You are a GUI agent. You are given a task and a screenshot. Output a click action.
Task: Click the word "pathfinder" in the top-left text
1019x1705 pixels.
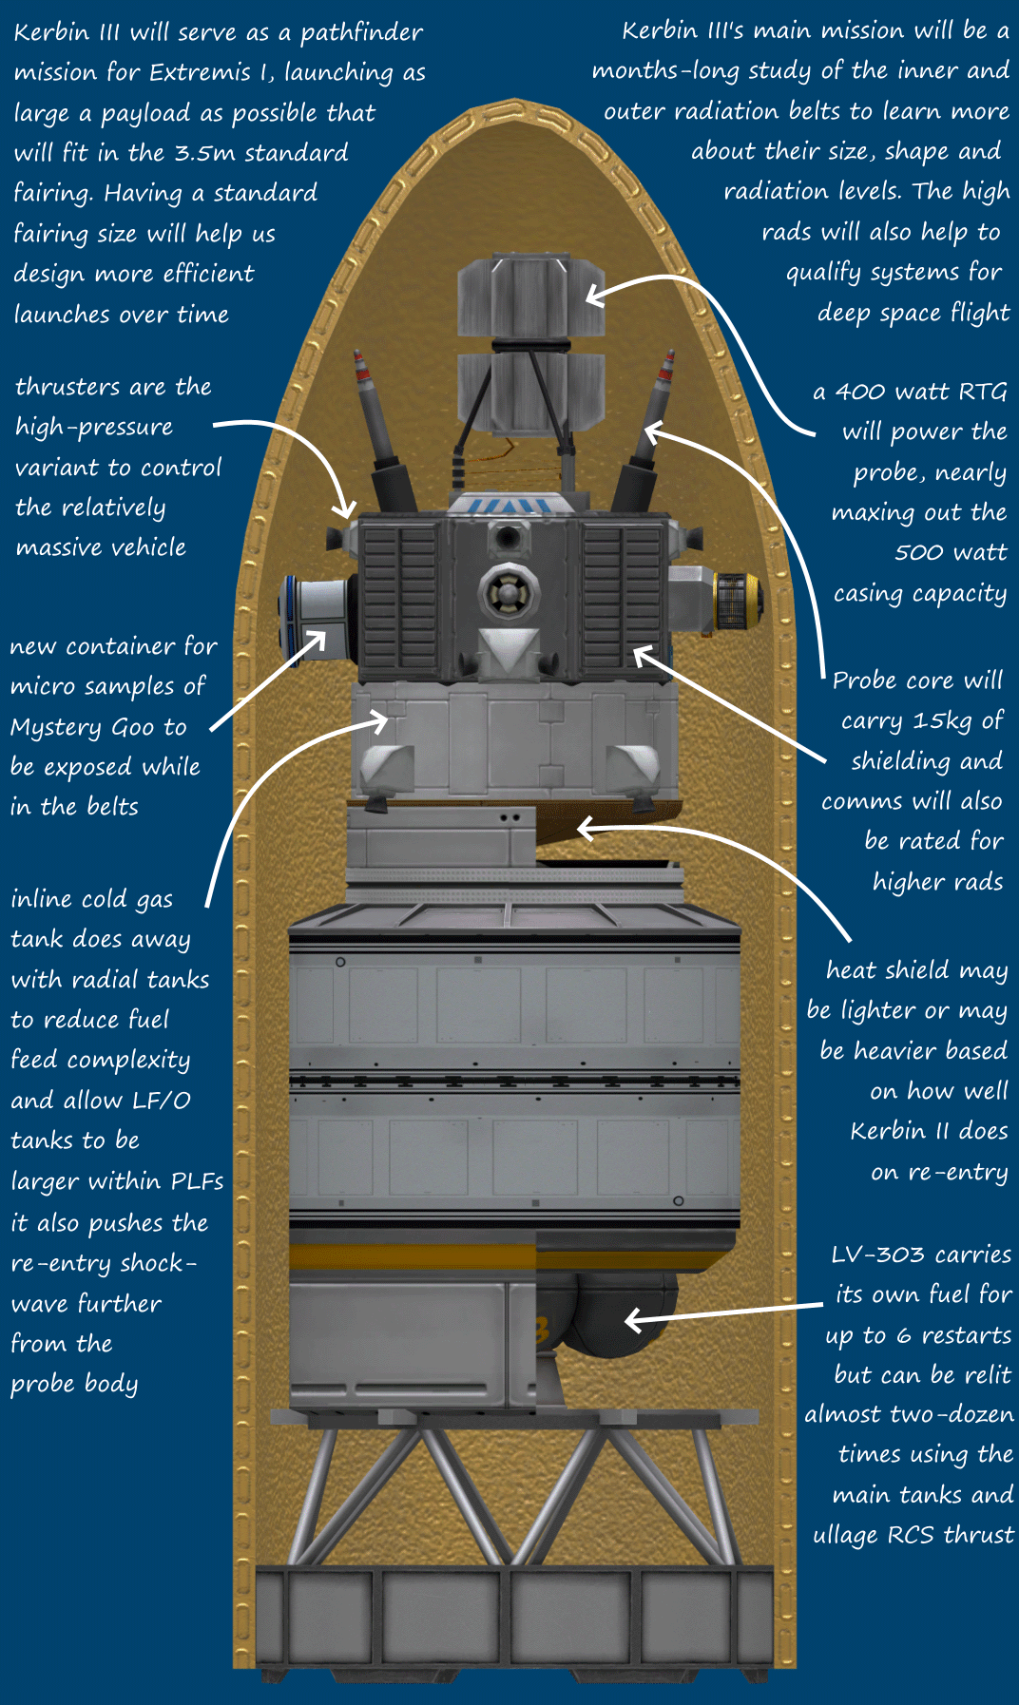tap(361, 33)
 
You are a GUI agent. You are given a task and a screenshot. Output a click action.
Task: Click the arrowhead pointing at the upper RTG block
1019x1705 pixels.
tap(593, 296)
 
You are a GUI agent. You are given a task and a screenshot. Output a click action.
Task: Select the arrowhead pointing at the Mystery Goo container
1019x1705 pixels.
tap(319, 638)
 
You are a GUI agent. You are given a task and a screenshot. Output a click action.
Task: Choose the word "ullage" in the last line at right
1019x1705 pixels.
tap(846, 1535)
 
